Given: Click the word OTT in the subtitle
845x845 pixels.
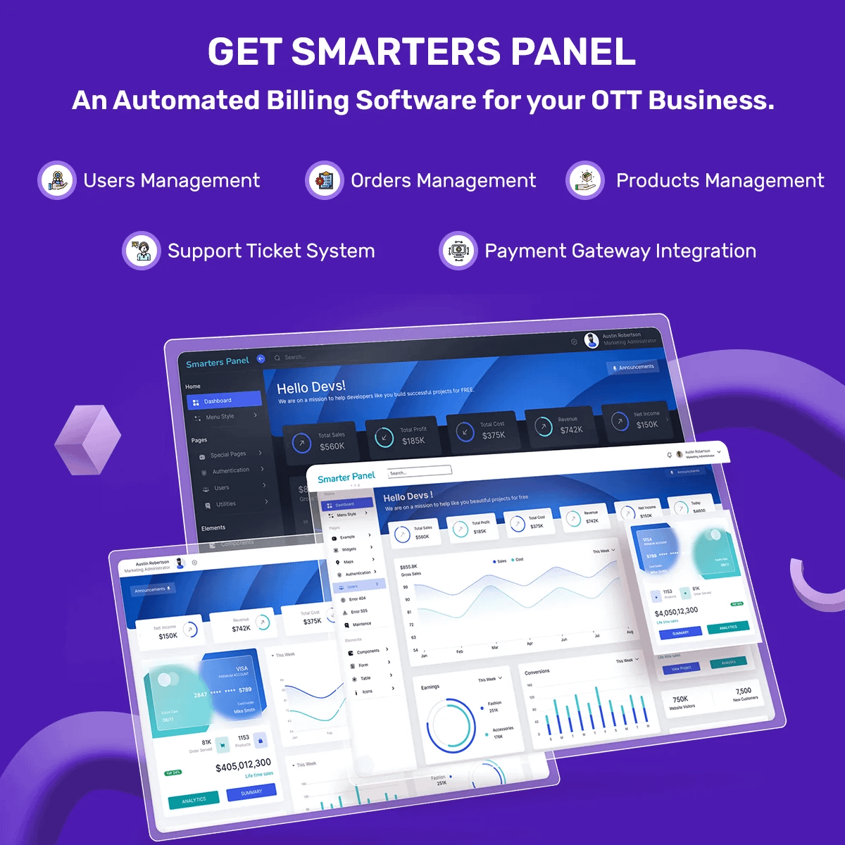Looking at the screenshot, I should pos(615,101).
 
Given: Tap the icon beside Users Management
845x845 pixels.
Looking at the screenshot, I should pos(57,180).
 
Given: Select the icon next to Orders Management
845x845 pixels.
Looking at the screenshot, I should pos(325,180).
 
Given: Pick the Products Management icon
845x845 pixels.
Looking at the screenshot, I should pos(585,180).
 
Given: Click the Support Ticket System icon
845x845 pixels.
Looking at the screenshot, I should pos(142,251).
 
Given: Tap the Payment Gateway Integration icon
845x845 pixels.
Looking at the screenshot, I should pos(458,251).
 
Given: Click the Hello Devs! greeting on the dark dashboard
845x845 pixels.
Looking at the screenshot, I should pos(311,387).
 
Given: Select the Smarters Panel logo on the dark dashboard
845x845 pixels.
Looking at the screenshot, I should pos(218,362).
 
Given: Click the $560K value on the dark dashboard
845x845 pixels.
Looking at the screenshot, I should pos(332,446).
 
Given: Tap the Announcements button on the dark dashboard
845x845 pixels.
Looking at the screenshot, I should pos(633,367).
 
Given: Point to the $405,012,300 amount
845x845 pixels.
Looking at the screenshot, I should pos(243,765).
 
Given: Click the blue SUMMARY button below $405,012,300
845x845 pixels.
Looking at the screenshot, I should pos(251,792).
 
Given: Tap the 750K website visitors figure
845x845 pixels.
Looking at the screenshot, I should pos(680,699).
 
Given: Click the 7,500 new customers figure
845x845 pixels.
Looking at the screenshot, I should pos(744,691).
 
